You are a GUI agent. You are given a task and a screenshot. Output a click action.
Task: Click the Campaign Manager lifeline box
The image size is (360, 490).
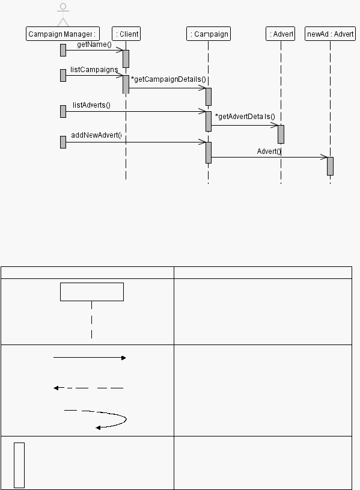[x=63, y=34]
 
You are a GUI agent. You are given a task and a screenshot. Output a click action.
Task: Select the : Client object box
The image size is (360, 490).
[x=126, y=34]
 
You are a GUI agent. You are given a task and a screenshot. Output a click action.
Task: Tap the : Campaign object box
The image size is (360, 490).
[x=209, y=34]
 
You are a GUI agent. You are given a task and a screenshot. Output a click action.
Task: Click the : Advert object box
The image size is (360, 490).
[x=280, y=34]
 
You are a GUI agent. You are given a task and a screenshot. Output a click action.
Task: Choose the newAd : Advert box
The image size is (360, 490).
[x=331, y=34]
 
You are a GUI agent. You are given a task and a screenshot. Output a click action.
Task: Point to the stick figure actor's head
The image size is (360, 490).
[x=63, y=7]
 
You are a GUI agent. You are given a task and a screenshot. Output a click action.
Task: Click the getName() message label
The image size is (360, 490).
[x=94, y=44]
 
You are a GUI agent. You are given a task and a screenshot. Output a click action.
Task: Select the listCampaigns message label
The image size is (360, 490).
[x=94, y=69]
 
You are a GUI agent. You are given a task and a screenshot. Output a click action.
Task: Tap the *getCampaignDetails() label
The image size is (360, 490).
[x=168, y=79]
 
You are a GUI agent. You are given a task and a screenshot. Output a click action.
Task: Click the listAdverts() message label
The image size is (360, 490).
[x=91, y=105]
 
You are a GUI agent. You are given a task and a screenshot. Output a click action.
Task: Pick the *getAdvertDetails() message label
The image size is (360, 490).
[x=245, y=117]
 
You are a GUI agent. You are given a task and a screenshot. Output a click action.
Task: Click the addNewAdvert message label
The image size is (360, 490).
[x=96, y=135]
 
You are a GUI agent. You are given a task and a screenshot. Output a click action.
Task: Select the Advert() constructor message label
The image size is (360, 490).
[x=269, y=152]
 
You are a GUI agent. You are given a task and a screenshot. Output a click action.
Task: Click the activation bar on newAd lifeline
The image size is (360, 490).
[x=331, y=167]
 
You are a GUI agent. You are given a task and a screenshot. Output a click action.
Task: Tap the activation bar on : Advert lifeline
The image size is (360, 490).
[x=281, y=135]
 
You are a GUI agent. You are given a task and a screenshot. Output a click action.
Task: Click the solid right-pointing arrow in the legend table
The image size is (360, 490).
[x=90, y=358]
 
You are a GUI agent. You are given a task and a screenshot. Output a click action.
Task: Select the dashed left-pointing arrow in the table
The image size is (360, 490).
[x=88, y=388]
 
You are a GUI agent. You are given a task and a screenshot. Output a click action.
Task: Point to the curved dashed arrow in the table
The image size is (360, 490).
[x=126, y=418]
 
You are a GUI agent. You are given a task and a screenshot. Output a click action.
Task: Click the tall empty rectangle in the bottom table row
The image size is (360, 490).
[x=19, y=465]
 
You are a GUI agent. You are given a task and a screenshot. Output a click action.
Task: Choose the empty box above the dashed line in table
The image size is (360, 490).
[x=92, y=292]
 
